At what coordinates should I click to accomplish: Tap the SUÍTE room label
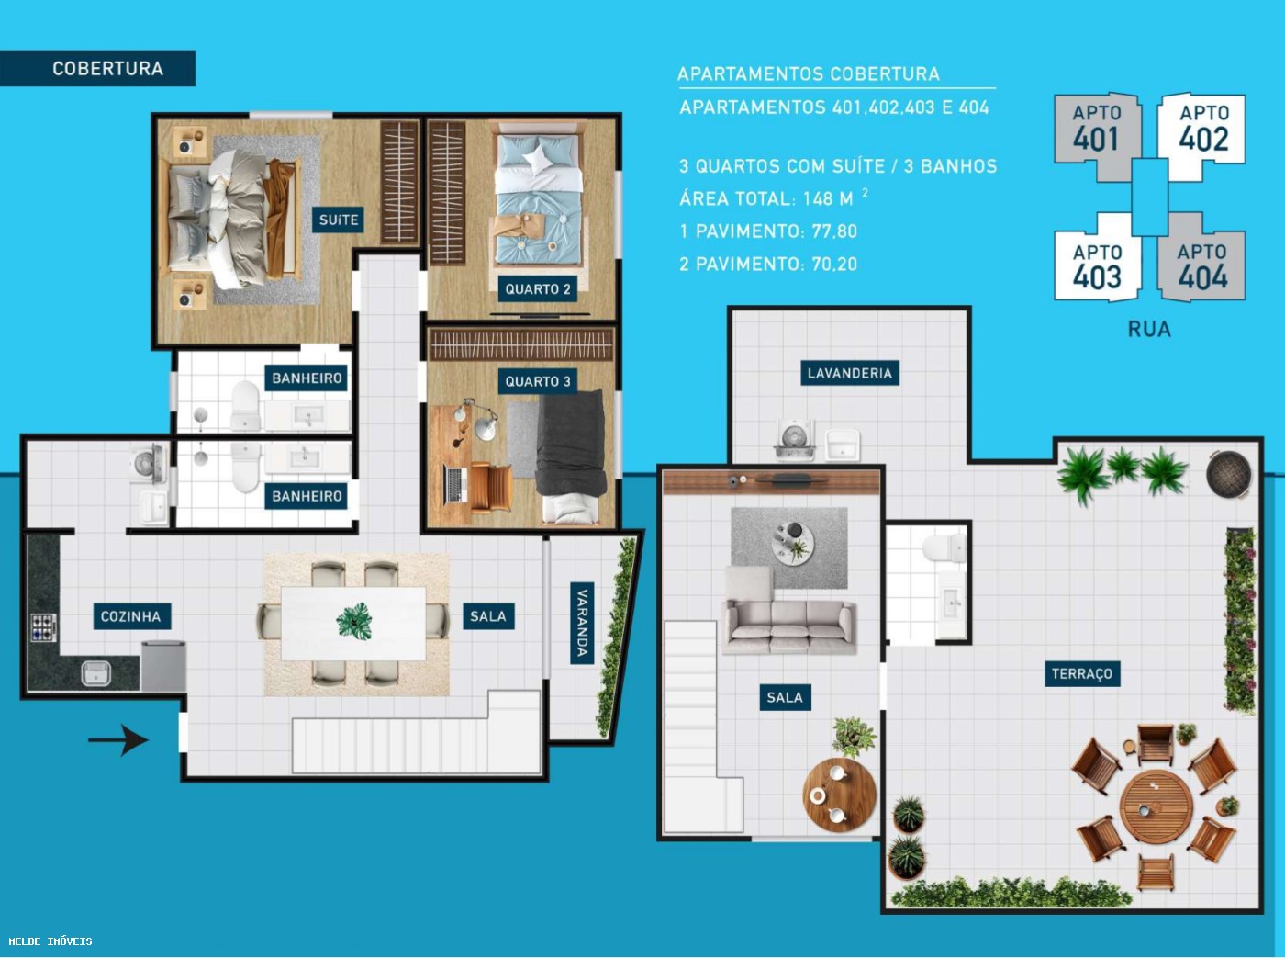tap(339, 220)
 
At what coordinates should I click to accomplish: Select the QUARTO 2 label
tap(537, 288)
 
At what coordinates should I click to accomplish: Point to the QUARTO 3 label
tap(537, 381)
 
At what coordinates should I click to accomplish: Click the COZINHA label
tap(130, 616)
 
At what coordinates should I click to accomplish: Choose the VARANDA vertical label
tap(581, 622)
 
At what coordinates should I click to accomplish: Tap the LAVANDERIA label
tap(849, 373)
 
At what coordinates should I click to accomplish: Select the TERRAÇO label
tap(1081, 673)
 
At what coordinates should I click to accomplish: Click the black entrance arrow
tap(118, 739)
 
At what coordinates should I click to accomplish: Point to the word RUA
tap(1149, 329)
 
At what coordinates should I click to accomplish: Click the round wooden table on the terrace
tap(1156, 807)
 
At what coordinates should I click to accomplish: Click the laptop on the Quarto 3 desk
tap(455, 484)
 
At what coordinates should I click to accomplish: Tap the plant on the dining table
tap(354, 622)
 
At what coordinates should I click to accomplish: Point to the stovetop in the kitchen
tap(43, 626)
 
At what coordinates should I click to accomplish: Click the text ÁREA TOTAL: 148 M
tap(766, 198)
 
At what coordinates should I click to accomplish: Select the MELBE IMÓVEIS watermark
tap(50, 941)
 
